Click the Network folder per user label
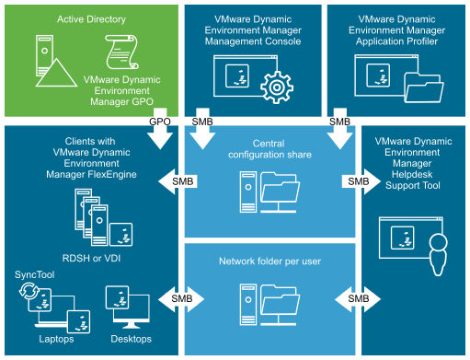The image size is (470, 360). click(x=269, y=261)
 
